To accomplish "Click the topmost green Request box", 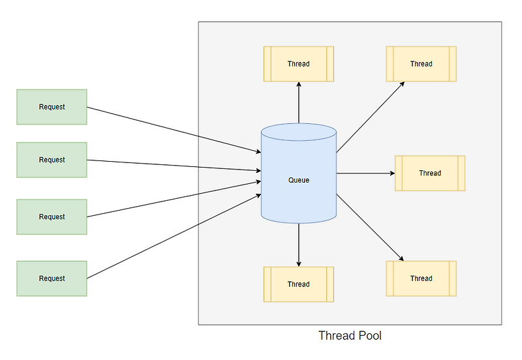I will (x=52, y=107).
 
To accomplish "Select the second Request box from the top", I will (x=52, y=160).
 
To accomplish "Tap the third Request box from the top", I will (x=52, y=217).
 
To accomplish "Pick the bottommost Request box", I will (x=52, y=278).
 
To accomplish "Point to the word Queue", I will (x=299, y=180).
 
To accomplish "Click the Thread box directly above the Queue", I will (x=299, y=64).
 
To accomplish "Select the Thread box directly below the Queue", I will (x=299, y=284).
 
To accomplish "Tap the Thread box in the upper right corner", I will (x=421, y=64).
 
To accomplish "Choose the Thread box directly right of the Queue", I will (x=430, y=173).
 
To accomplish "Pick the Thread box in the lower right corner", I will (x=421, y=278).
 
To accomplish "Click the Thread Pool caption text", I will (x=350, y=337).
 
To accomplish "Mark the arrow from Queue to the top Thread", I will (x=299, y=103).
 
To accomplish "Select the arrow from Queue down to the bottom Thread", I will (x=299, y=245).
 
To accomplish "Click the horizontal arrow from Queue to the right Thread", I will (x=365, y=173).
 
